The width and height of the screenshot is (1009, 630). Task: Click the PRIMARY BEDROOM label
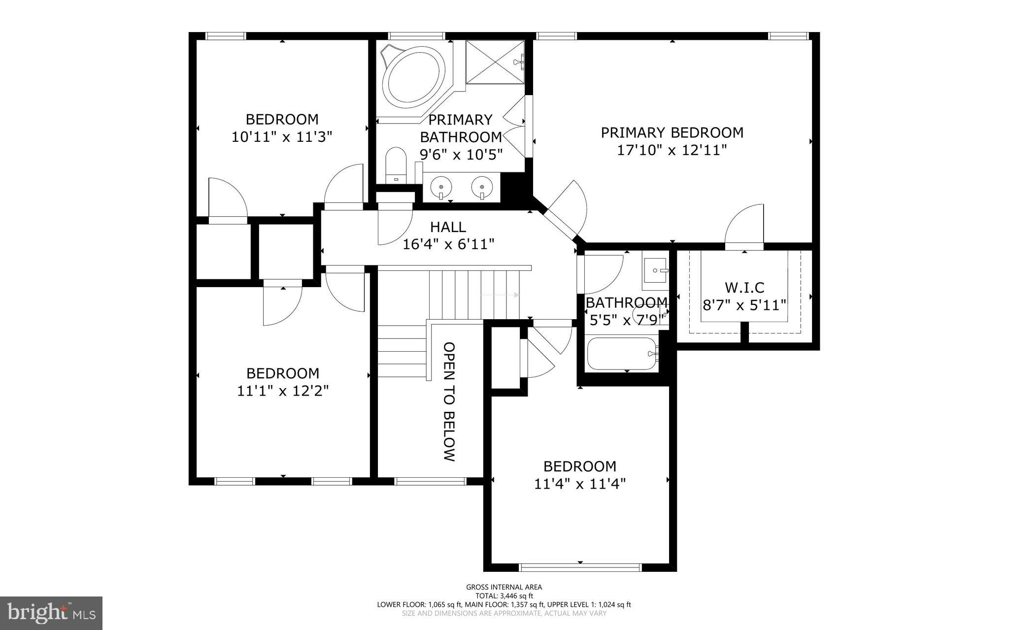(x=672, y=133)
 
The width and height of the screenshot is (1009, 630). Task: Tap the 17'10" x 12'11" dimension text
(x=672, y=150)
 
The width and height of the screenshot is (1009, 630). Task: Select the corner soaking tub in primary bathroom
(x=413, y=82)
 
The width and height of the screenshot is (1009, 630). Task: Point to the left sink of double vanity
(x=440, y=187)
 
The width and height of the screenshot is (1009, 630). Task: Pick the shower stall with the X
(x=495, y=63)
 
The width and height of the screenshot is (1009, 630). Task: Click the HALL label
(x=448, y=227)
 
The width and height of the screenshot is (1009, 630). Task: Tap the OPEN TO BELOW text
(x=448, y=401)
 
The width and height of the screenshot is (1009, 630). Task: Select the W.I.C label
(x=744, y=287)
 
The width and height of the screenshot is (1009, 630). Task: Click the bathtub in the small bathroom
(x=622, y=353)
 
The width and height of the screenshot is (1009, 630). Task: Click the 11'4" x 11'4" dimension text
(x=579, y=484)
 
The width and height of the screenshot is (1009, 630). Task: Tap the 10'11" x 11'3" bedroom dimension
(x=282, y=136)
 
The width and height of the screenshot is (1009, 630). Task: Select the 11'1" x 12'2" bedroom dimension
(x=283, y=391)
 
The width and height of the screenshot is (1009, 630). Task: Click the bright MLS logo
(x=51, y=613)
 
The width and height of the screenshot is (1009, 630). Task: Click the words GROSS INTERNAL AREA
(x=504, y=587)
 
